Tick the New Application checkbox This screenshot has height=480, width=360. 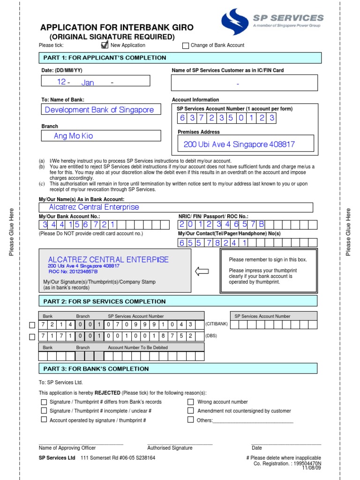coord(105,45)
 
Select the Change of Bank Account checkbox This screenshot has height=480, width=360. coord(186,45)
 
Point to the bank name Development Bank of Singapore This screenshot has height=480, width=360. coord(99,110)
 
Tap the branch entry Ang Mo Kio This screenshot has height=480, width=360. coord(74,136)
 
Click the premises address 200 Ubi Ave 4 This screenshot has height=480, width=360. coord(239,144)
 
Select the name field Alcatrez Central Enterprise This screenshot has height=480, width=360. coord(94,207)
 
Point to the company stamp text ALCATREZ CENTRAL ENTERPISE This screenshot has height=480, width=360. coord(108,260)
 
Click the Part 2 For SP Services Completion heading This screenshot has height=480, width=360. coord(105,301)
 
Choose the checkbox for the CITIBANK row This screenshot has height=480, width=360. coord(32,325)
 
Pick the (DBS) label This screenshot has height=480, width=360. coord(212,336)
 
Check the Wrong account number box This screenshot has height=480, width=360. coord(191,402)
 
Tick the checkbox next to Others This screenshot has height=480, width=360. coord(191,420)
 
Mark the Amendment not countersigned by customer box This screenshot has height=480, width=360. coord(191,411)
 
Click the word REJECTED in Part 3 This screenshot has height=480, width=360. coord(108,393)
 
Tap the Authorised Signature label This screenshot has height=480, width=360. coord(170,448)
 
